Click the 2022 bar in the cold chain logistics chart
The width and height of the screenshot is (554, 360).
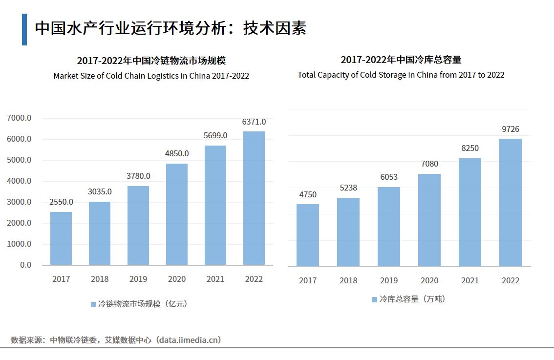254,198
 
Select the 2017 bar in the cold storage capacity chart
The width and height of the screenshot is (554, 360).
307,235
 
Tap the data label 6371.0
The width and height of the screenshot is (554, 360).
254,122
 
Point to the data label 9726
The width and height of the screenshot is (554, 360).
510,129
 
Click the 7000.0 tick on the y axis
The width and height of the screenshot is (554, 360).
19,118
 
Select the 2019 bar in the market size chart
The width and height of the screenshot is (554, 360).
138,225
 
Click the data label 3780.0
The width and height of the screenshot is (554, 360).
138,176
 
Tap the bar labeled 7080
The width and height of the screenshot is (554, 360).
429,220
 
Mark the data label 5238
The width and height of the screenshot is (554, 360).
348,188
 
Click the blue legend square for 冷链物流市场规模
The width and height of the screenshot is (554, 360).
93,304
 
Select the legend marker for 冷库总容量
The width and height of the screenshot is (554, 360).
375,299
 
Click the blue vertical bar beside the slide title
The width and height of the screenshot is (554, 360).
24,29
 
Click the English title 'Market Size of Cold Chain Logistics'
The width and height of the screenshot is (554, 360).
151,76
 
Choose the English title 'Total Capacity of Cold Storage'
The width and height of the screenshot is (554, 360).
401,75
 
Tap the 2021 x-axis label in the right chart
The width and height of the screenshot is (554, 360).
469,280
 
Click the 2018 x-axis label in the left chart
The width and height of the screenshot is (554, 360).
100,279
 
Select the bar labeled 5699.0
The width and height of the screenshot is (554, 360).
215,205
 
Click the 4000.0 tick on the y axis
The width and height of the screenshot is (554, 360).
19,181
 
